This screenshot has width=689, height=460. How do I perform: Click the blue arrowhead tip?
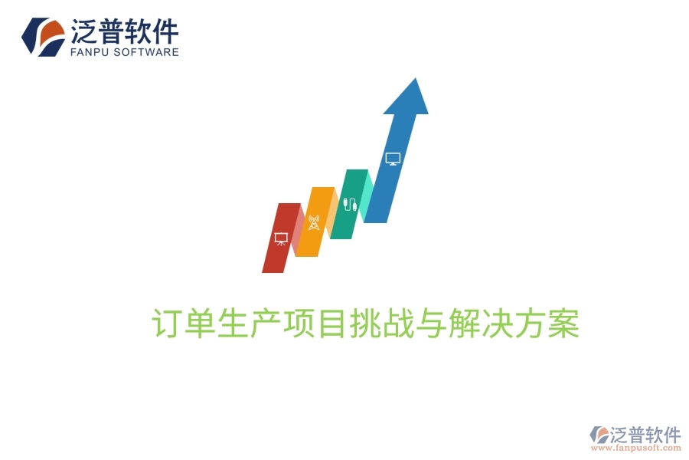(414, 84)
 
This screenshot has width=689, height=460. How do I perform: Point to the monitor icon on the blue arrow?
(393, 159)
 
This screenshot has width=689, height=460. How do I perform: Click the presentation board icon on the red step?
(280, 238)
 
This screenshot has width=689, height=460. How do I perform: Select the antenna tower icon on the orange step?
(313, 222)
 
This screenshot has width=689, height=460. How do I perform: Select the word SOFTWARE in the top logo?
(149, 52)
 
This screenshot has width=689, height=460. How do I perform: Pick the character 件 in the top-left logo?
(165, 31)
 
